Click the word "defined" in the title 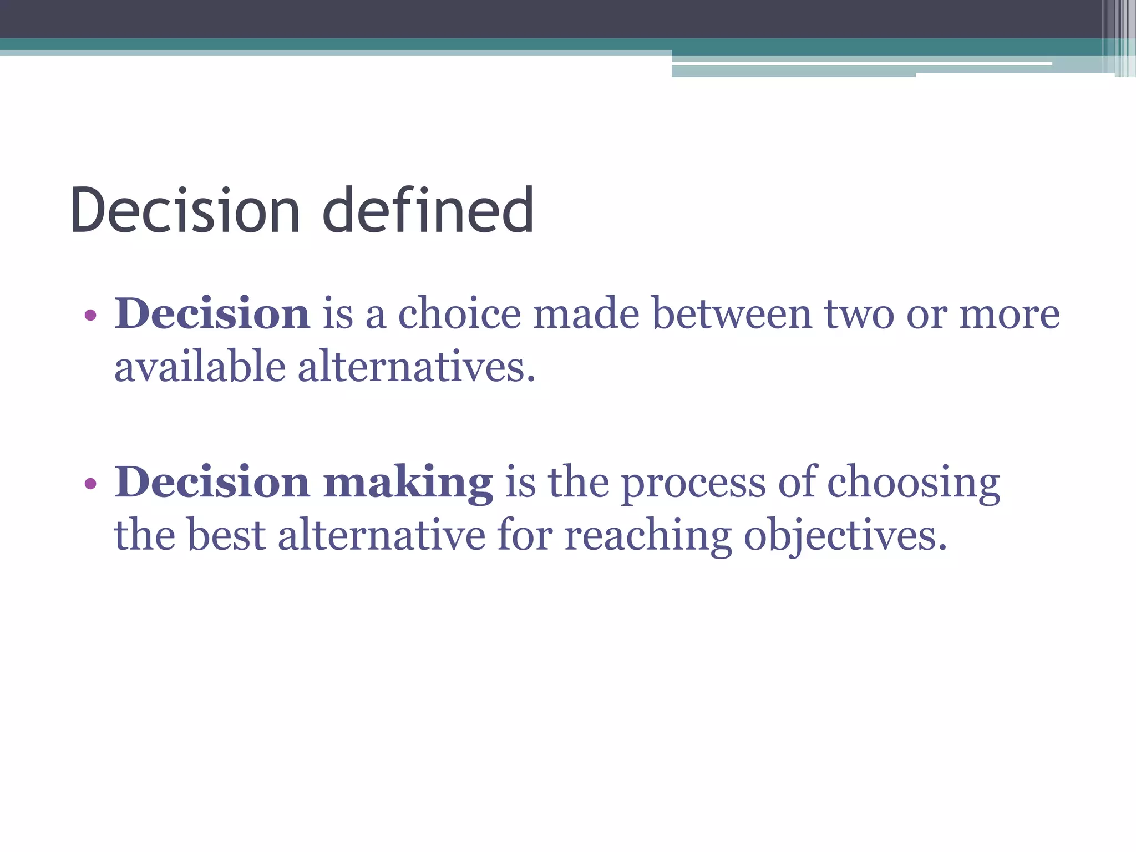click(428, 210)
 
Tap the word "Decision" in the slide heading click(185, 210)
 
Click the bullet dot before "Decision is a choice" click(90, 316)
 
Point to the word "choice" click(460, 314)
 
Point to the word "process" click(693, 483)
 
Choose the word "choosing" click(914, 483)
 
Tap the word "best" click(227, 535)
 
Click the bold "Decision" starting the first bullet click(212, 314)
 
